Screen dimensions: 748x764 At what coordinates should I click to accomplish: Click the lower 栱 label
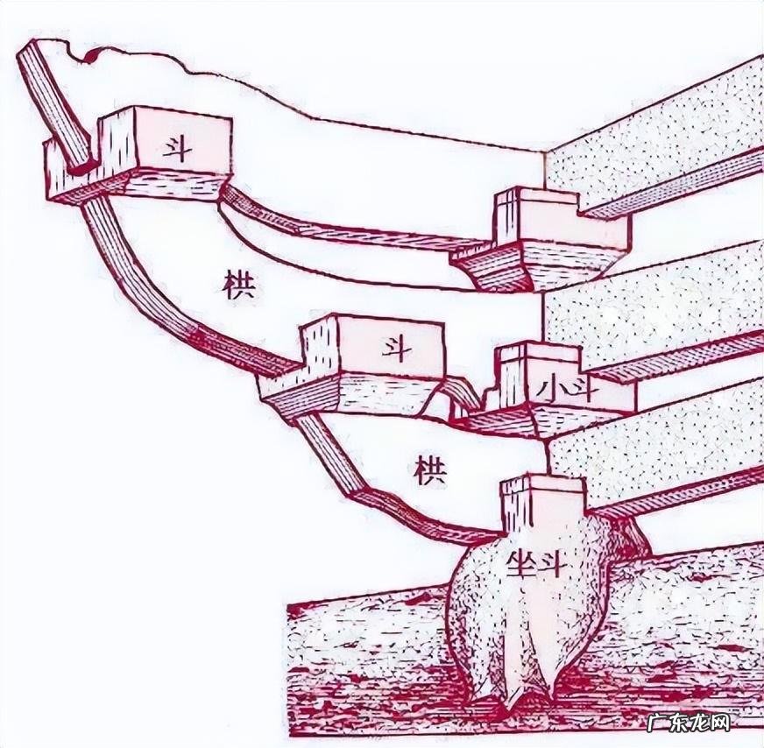(429, 471)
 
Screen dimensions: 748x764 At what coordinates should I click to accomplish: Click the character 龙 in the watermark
(699, 723)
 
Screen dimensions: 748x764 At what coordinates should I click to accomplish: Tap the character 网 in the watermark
(720, 723)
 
